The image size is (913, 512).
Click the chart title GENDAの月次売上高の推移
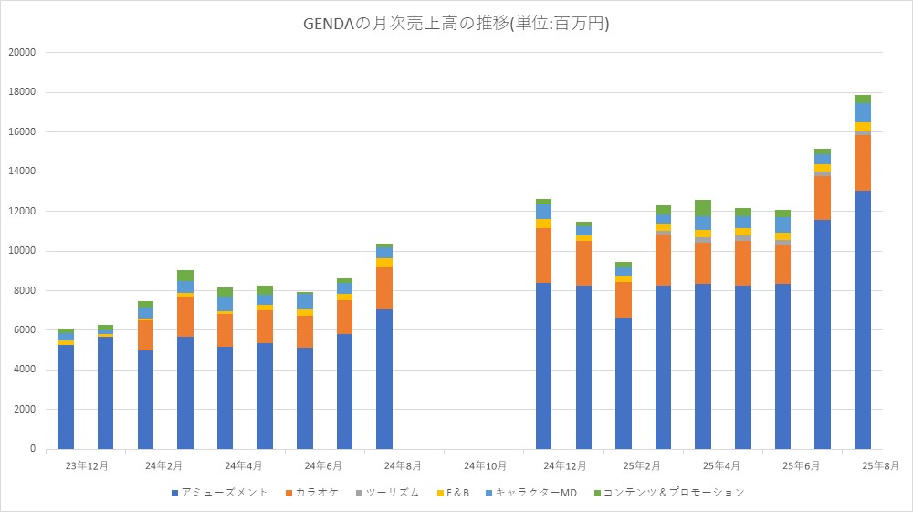click(456, 24)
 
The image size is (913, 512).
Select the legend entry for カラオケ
click(316, 493)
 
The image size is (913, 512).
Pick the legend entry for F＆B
click(456, 493)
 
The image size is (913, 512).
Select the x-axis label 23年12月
click(86, 465)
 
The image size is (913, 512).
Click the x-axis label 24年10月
click(484, 465)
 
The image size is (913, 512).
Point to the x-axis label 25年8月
click(882, 465)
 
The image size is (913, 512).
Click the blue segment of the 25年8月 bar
click(862, 319)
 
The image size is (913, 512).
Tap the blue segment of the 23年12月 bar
click(66, 397)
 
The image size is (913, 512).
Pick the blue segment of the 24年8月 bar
click(384, 379)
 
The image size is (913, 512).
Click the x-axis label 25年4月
click(722, 465)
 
